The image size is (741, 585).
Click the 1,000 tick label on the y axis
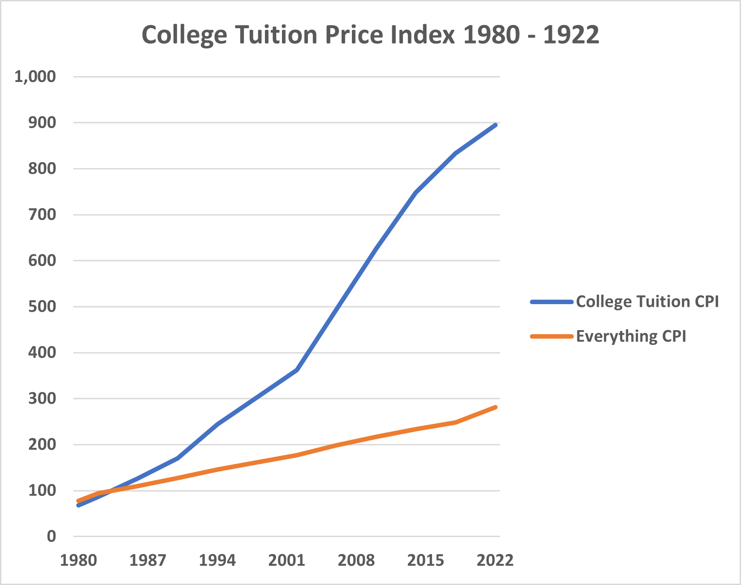(x=35, y=77)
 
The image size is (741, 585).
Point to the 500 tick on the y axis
(x=42, y=307)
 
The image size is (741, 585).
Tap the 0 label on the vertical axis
(x=51, y=536)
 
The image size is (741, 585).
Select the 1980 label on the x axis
(x=78, y=560)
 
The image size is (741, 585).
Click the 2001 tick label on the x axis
(x=287, y=560)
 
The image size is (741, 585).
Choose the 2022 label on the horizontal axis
(x=495, y=560)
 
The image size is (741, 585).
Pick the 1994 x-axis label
(x=217, y=560)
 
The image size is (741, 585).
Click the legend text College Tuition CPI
(x=647, y=301)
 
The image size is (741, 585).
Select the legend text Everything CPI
(x=631, y=336)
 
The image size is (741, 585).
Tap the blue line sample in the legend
(x=551, y=302)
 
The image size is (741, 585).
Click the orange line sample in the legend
(x=551, y=336)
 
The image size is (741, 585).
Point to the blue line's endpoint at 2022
(x=495, y=125)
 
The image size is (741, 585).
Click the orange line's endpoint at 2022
(x=495, y=407)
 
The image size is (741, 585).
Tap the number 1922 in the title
(x=571, y=35)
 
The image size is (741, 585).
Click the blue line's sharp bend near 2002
(x=297, y=370)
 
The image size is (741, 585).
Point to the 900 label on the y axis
(x=42, y=123)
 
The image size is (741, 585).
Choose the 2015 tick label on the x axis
(x=425, y=560)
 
